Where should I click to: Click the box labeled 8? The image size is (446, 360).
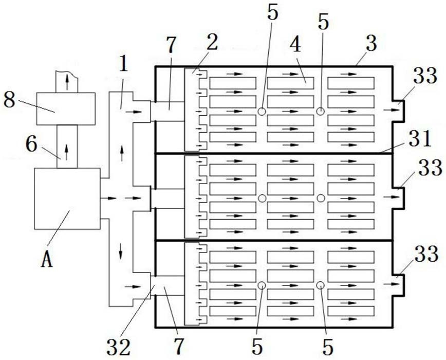click(x=66, y=109)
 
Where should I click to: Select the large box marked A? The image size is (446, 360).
click(x=67, y=199)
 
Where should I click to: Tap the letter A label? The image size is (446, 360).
click(x=47, y=260)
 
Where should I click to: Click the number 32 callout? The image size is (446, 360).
click(x=119, y=347)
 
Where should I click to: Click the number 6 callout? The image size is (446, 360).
click(x=31, y=145)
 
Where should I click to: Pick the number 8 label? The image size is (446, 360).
click(x=9, y=100)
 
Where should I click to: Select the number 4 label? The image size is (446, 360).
click(x=296, y=44)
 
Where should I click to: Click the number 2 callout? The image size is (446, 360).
click(x=212, y=42)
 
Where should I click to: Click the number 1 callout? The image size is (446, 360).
click(x=123, y=64)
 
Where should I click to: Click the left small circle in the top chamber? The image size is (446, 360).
click(x=262, y=111)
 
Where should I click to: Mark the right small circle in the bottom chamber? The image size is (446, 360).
click(x=321, y=285)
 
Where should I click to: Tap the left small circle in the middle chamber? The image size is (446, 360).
click(x=262, y=199)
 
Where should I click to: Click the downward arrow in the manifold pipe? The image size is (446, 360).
click(x=121, y=251)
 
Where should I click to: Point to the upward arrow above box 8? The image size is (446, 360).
click(x=67, y=82)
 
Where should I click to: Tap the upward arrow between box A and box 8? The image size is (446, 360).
click(x=67, y=152)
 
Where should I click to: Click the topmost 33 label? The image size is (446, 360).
click(x=425, y=76)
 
